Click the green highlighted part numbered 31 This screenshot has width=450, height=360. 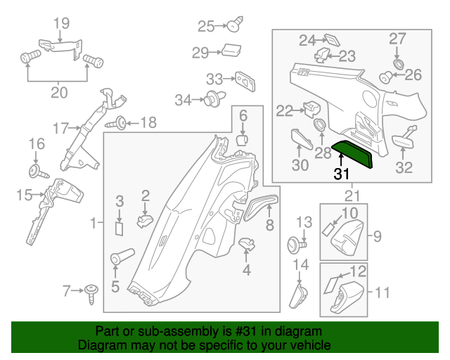pyautogui.click(x=352, y=154)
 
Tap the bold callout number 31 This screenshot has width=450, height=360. pyautogui.click(x=342, y=174)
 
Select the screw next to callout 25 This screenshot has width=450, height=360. pyautogui.click(x=236, y=25)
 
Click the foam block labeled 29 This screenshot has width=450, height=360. pyautogui.click(x=231, y=51)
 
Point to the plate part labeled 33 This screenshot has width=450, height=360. pyautogui.click(x=245, y=82)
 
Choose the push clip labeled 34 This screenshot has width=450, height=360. pyautogui.click(x=214, y=98)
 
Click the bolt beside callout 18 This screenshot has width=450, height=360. pyautogui.click(x=116, y=124)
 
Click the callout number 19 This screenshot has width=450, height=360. pyautogui.click(x=62, y=23)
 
